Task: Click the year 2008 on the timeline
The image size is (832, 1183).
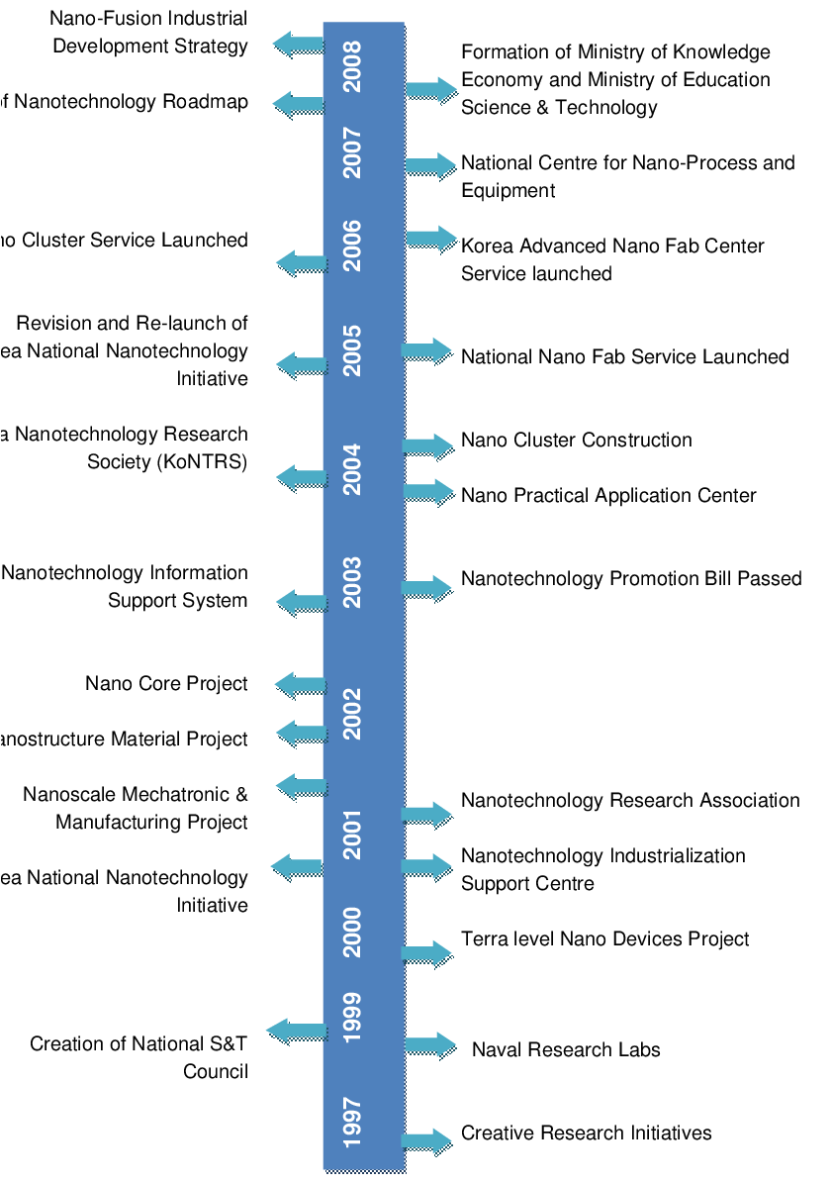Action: click(352, 66)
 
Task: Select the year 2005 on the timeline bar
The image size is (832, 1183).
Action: click(352, 350)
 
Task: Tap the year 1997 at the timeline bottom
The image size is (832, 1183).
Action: click(352, 1122)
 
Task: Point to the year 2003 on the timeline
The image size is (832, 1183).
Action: click(352, 582)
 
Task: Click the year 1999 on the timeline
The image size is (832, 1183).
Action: click(352, 1017)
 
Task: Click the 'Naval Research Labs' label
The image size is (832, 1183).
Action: click(566, 1049)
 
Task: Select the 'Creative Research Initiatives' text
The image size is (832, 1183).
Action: click(586, 1133)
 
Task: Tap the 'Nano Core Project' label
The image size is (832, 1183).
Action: click(166, 683)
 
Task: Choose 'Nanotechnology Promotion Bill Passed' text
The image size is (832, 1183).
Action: click(631, 578)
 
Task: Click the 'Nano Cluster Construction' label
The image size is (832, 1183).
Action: click(576, 440)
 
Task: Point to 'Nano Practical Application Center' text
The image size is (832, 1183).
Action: click(608, 495)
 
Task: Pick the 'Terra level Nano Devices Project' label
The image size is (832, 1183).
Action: click(604, 938)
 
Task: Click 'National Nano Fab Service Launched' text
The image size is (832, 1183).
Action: click(624, 356)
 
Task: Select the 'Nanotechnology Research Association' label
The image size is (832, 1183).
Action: click(630, 800)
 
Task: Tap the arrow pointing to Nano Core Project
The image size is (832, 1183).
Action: click(299, 683)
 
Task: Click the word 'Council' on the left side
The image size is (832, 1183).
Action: click(216, 1071)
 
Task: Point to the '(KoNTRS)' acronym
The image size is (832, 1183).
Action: click(201, 461)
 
